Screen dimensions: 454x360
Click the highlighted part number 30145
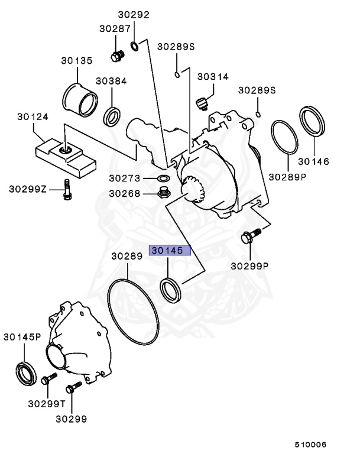pos(170,250)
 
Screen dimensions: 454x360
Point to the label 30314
pos(213,77)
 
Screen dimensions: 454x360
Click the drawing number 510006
pos(311,444)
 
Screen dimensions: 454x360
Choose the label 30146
pos(313,161)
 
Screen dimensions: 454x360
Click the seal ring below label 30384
pos(113,116)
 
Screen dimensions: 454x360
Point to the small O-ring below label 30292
pos(135,46)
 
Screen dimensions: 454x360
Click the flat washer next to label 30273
pos(163,178)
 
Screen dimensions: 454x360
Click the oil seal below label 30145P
pos(26,372)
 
